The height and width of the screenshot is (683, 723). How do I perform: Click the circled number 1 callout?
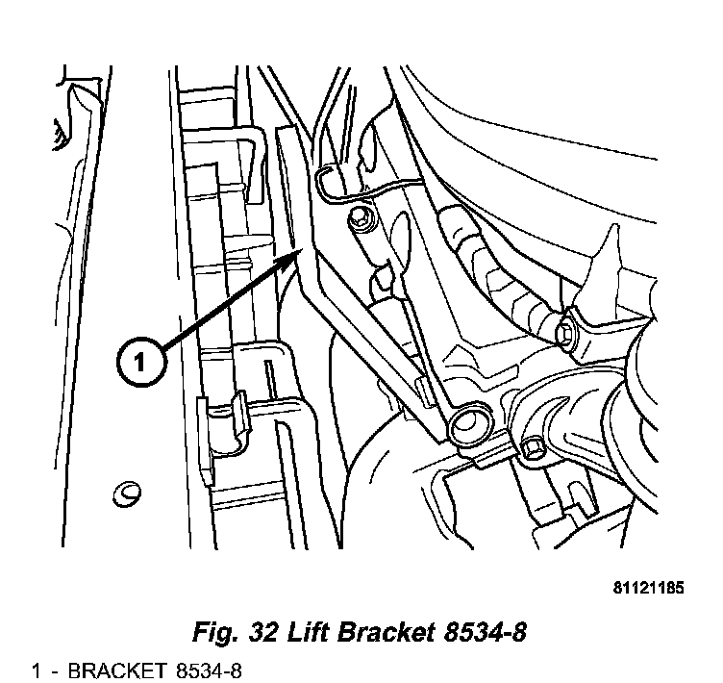point(140,363)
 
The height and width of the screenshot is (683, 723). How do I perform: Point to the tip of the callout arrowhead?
point(302,249)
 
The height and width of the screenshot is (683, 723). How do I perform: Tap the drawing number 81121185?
point(648,588)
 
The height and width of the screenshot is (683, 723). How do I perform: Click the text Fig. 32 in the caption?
point(234,632)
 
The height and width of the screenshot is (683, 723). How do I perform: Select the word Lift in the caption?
point(309,631)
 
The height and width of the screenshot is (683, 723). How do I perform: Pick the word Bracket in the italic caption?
point(386,631)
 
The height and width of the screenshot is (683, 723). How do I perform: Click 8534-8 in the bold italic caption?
point(485,631)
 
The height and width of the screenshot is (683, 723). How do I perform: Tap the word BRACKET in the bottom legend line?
point(116,671)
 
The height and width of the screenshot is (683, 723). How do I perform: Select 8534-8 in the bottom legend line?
point(209,671)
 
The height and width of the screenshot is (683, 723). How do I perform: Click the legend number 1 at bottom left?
point(37,671)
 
